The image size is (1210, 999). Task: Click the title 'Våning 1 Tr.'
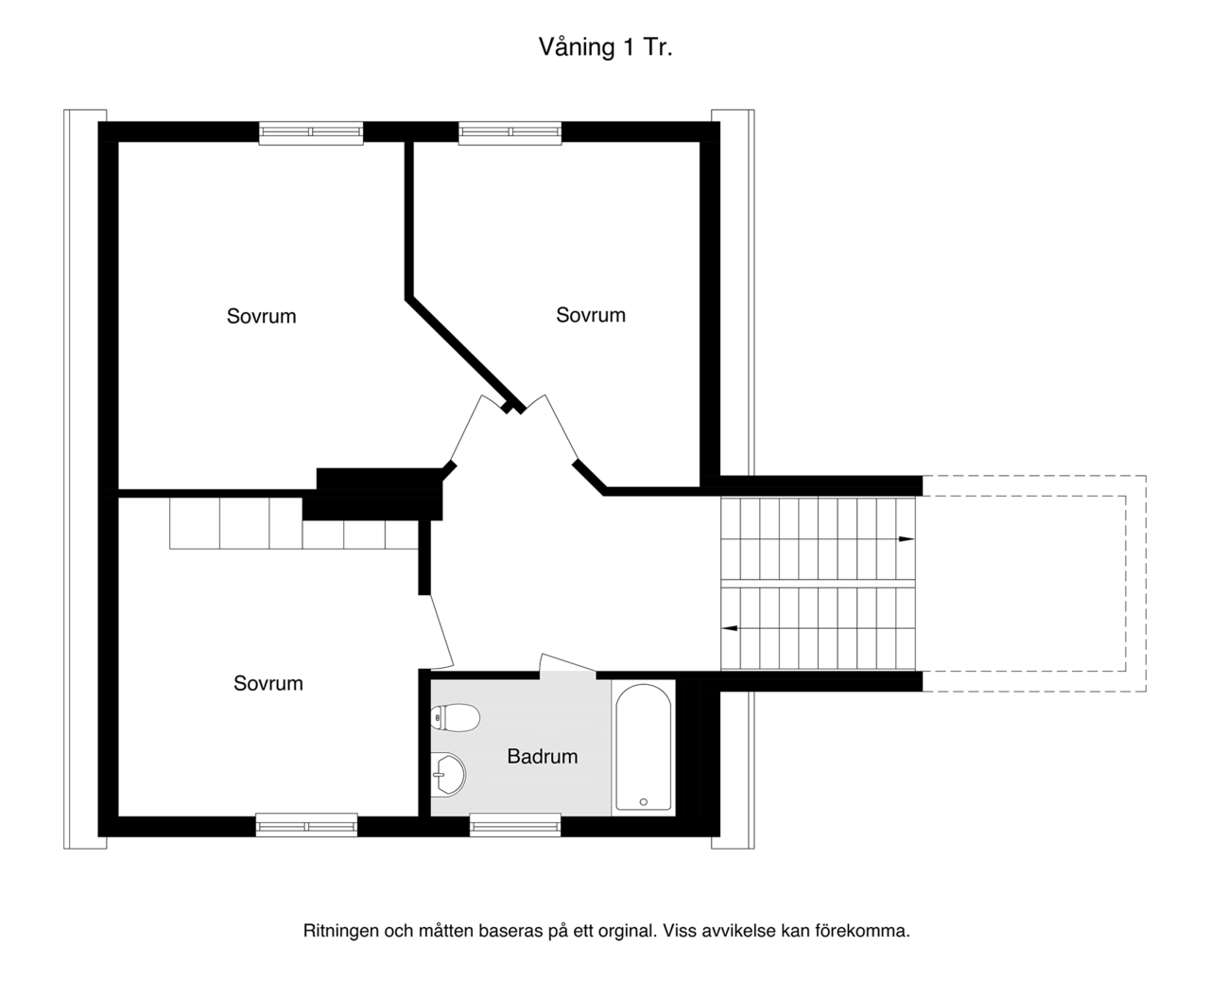coord(606,47)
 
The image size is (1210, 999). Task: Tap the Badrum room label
coord(543,757)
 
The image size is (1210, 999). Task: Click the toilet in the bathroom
coord(455,718)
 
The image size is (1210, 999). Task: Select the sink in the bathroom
coord(448,773)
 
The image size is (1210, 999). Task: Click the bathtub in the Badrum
coord(643,747)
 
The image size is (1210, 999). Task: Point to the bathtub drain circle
coord(643,801)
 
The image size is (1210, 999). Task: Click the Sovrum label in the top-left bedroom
coord(261,316)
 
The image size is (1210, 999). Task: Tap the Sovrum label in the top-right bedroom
coord(591,315)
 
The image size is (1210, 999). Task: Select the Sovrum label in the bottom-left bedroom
coord(268,683)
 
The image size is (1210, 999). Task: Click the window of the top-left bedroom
coord(311,132)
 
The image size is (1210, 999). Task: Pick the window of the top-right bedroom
coord(510,132)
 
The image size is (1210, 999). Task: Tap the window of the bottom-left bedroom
coord(306,825)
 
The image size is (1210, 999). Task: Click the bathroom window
coord(515,825)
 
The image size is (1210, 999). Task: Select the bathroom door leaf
coord(568,662)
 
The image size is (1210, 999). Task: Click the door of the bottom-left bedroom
coord(441,632)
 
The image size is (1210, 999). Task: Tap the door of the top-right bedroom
coord(561,429)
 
